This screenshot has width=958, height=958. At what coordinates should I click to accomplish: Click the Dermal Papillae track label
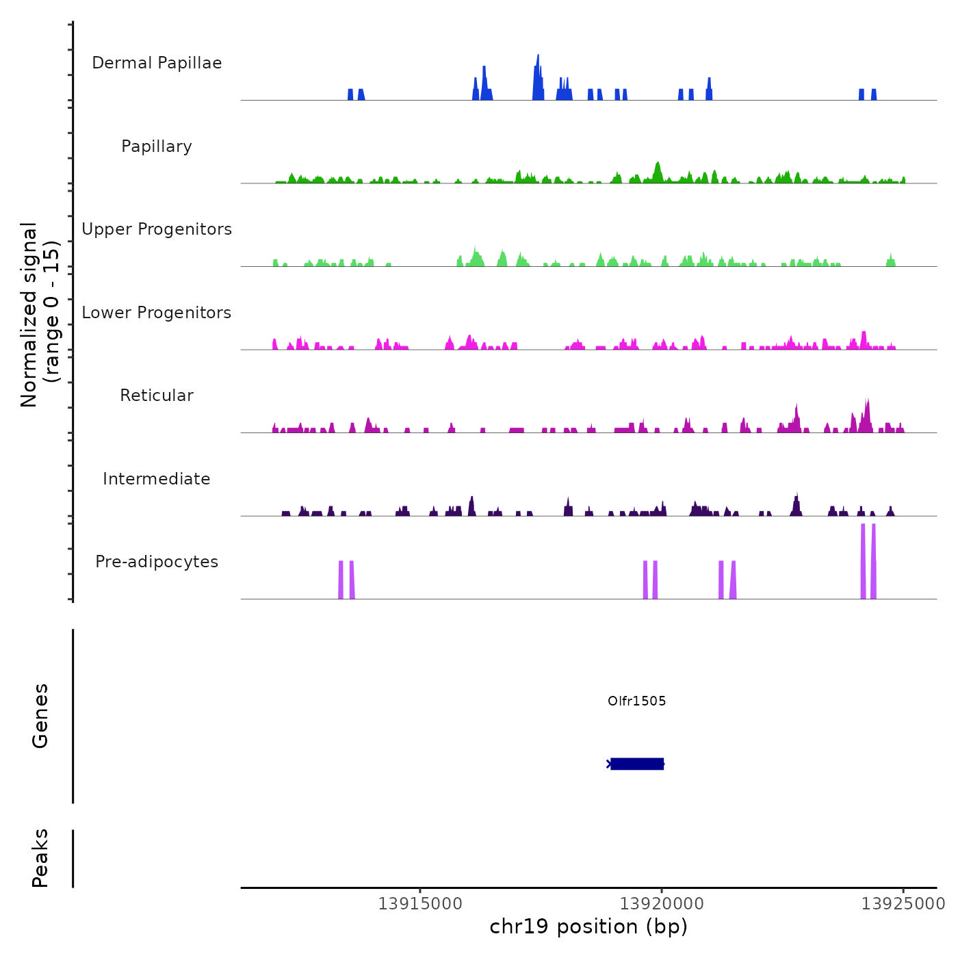coord(157,63)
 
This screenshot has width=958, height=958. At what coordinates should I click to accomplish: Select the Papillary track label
coord(157,146)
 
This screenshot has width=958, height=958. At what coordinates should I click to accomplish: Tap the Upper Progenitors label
coord(157,229)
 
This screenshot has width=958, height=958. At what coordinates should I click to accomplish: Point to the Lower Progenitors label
coord(157,313)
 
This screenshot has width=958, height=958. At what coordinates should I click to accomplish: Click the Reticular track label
coord(157,396)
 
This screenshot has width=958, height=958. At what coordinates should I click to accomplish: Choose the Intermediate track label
coord(157,479)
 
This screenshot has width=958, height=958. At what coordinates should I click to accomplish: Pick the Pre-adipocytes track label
coord(157,562)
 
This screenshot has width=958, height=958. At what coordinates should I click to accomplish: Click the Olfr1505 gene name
coord(636,701)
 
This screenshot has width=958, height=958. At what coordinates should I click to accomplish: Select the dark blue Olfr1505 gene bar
coord(637,764)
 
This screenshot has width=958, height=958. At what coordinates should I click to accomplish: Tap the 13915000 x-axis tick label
coord(420,904)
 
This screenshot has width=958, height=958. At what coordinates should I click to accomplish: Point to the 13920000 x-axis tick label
coord(662,904)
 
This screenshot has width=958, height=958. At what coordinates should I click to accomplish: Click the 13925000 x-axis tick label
coord(903,904)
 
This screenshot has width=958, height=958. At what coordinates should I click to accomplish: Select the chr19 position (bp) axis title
coord(588,927)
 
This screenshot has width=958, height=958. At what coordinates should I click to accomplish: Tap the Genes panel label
coord(40,716)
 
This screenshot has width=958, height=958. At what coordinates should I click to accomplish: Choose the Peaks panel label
coord(40,858)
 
